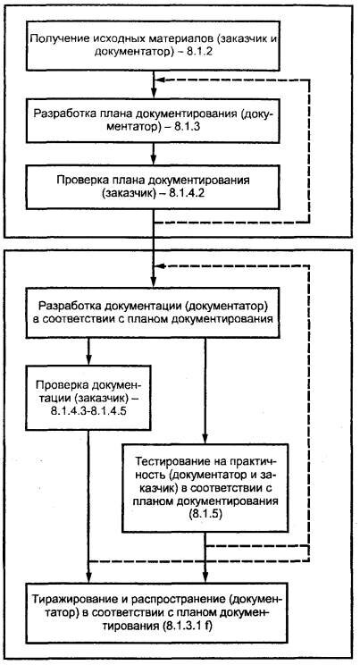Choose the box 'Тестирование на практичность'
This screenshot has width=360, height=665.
pos(205,488)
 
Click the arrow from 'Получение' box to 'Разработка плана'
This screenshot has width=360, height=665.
pos(154,85)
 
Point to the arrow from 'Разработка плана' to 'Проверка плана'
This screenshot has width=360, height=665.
pos(154,154)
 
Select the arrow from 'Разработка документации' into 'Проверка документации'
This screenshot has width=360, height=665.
pos(88,352)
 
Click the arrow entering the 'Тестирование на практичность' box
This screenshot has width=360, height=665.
pos(205,391)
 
